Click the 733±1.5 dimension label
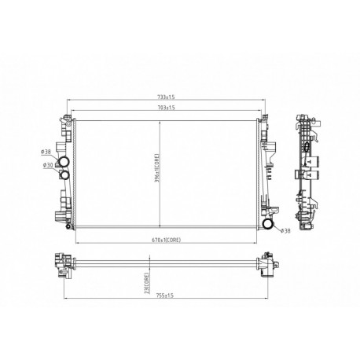(164, 97)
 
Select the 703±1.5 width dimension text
(164, 108)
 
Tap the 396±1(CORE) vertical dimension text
(157, 169)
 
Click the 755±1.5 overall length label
(164, 297)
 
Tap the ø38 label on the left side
(46, 151)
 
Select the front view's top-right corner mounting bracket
(267, 124)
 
